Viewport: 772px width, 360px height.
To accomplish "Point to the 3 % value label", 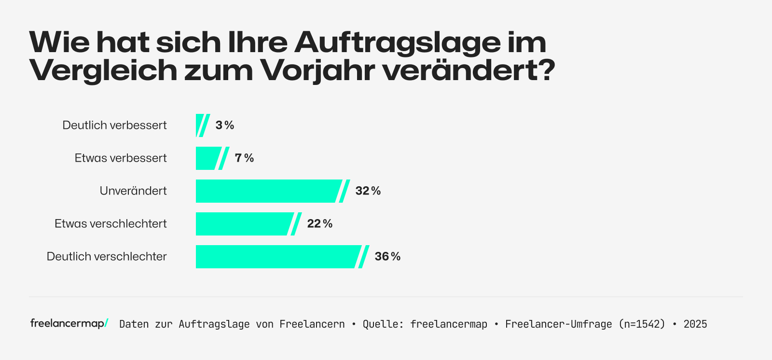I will [x=225, y=125].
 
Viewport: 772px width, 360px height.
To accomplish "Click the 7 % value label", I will [x=244, y=158].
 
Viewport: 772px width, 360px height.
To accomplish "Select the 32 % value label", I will [x=368, y=191].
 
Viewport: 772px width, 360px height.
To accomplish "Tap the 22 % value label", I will [x=320, y=224].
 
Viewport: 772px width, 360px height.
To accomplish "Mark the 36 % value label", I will [x=387, y=257].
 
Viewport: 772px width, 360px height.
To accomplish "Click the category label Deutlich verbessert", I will [x=114, y=125].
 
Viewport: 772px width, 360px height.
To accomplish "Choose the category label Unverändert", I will [x=133, y=191].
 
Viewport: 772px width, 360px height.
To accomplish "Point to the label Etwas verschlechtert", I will [x=110, y=224].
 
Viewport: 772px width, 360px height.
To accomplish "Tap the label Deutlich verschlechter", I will [x=107, y=257].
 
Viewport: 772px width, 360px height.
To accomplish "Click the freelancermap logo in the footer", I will [x=69, y=323].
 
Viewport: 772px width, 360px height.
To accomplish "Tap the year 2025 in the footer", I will [x=695, y=324].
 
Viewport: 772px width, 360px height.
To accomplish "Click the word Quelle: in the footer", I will [x=383, y=324].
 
